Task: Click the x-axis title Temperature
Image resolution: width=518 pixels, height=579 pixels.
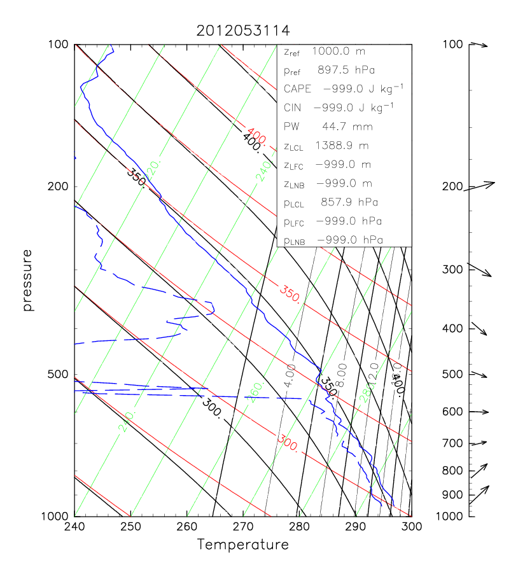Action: coord(242,545)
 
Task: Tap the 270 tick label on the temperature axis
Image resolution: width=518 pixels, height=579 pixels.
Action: coord(242,527)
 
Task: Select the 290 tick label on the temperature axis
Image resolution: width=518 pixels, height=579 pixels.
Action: coord(355,527)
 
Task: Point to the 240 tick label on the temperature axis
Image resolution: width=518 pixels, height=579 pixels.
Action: coord(74,527)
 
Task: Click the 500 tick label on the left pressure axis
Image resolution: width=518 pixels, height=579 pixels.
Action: coord(59,374)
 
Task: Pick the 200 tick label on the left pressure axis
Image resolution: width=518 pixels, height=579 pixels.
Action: coord(59,186)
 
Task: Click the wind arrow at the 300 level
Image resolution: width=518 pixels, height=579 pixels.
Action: coord(480,270)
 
